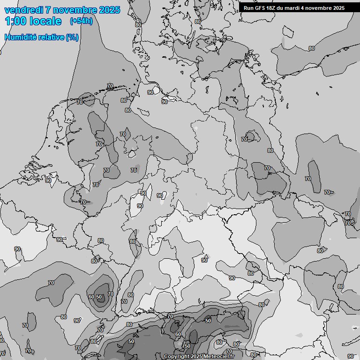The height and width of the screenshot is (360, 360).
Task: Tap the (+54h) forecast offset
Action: point(81,21)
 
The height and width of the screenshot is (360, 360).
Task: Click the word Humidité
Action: point(20,37)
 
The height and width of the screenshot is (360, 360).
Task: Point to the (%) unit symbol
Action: point(72,37)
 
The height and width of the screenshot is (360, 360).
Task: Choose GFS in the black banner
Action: point(261,8)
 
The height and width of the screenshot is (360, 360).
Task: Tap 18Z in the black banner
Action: point(272,8)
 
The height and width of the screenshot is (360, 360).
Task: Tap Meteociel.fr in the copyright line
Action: point(219,357)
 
